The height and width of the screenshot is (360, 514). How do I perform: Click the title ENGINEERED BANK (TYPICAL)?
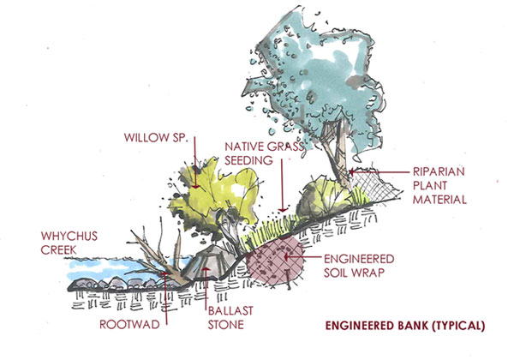point(408,326)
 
